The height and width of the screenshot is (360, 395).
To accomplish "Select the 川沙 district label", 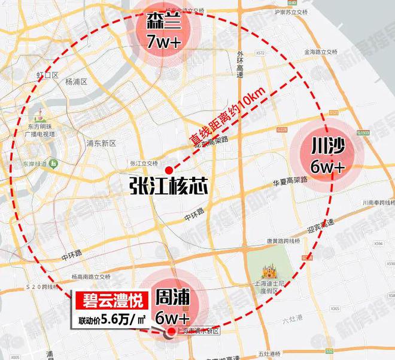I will (x=328, y=146).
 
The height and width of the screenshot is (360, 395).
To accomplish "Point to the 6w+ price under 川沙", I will (x=328, y=166).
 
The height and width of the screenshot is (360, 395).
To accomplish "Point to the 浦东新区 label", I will (x=100, y=144).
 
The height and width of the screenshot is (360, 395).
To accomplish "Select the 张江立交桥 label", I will (x=144, y=164).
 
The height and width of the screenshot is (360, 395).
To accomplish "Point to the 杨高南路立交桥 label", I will (x=91, y=277).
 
